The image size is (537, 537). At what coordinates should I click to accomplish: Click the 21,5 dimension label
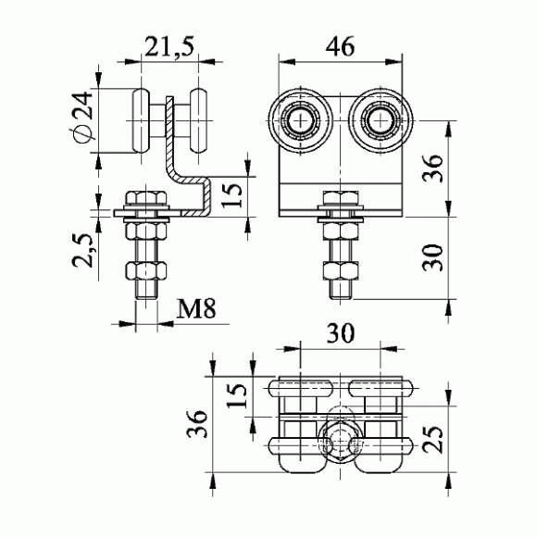point(169,47)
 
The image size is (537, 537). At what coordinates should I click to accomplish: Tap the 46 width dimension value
point(340,46)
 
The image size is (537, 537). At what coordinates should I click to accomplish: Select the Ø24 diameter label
point(81,118)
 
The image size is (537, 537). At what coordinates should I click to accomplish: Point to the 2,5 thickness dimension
point(81,250)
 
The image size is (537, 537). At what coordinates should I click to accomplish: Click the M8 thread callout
point(196,308)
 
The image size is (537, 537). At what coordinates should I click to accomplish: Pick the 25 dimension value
point(432,440)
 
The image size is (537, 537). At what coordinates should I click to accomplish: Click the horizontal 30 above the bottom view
point(341,333)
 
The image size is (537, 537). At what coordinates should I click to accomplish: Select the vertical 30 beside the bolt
point(432,257)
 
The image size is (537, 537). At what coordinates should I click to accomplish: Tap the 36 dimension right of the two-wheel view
point(432,169)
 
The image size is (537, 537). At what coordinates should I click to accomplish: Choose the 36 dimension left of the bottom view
point(197,424)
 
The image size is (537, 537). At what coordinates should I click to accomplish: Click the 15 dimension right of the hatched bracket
point(231,195)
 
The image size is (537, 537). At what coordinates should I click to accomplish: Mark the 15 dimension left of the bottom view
point(236,395)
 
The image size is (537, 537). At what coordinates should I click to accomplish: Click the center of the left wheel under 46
point(300,120)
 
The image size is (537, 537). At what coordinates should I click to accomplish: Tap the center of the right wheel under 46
point(381,120)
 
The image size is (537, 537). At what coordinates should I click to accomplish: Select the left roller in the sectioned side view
point(141,120)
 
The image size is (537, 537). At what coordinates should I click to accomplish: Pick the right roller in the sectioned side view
point(198,120)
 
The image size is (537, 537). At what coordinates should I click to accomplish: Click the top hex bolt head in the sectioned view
point(146,198)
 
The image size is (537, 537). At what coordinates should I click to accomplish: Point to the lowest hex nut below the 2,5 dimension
point(146,269)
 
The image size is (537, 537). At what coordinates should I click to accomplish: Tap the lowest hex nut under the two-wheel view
point(341,270)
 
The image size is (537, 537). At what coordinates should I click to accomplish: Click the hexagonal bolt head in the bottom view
point(340,442)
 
